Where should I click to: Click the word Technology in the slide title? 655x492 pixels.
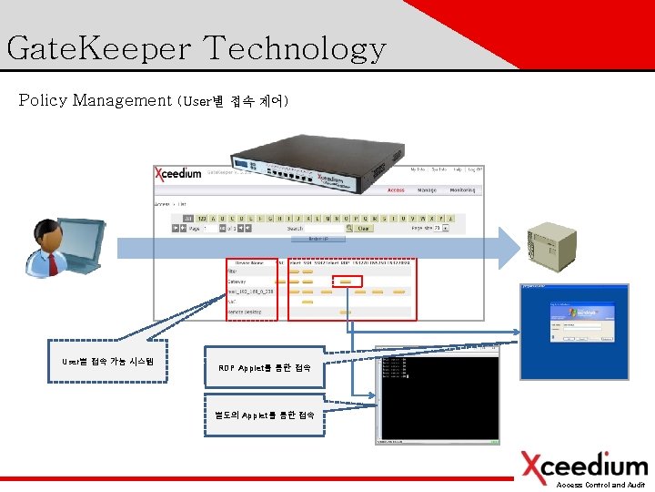pos(296,48)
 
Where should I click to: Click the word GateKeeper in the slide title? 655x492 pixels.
pos(97,48)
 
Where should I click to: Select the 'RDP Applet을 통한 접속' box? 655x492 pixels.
pos(265,367)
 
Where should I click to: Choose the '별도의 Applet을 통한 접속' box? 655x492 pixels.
pos(265,415)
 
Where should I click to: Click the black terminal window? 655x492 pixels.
pos(438,397)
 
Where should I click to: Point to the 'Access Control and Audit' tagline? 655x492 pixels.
pos(601,486)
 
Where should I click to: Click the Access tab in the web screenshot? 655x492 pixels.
pos(396,190)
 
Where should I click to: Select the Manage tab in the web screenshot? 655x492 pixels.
pos(427,190)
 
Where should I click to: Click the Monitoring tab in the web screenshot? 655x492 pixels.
pos(461,190)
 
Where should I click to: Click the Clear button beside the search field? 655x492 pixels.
pos(362,229)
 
